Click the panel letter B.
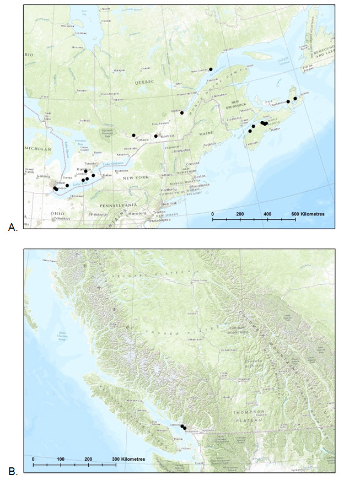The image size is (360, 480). [13, 471]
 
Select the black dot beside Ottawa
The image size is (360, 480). [133, 135]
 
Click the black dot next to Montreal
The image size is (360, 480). [156, 136]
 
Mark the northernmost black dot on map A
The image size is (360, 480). [211, 69]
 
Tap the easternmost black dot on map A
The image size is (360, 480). [295, 99]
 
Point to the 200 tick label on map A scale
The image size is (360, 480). [240, 213]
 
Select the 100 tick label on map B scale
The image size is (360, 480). [61, 459]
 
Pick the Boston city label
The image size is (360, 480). [200, 176]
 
